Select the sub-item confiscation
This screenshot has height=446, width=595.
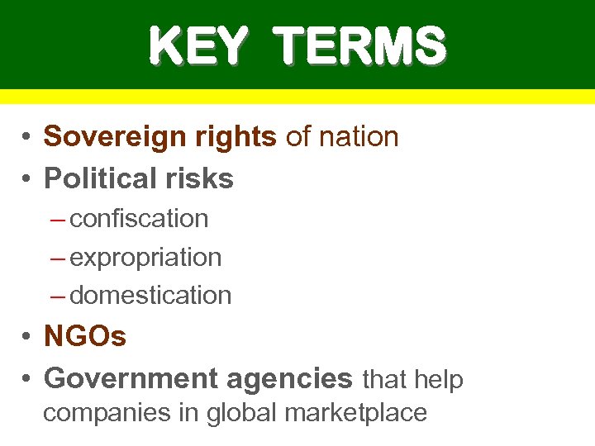click(x=139, y=219)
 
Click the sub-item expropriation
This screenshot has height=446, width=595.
click(x=145, y=258)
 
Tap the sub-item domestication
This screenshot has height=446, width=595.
click(x=150, y=295)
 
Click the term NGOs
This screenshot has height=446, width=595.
click(x=85, y=336)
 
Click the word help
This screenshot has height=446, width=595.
click(x=438, y=379)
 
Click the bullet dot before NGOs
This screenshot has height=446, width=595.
click(x=27, y=337)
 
